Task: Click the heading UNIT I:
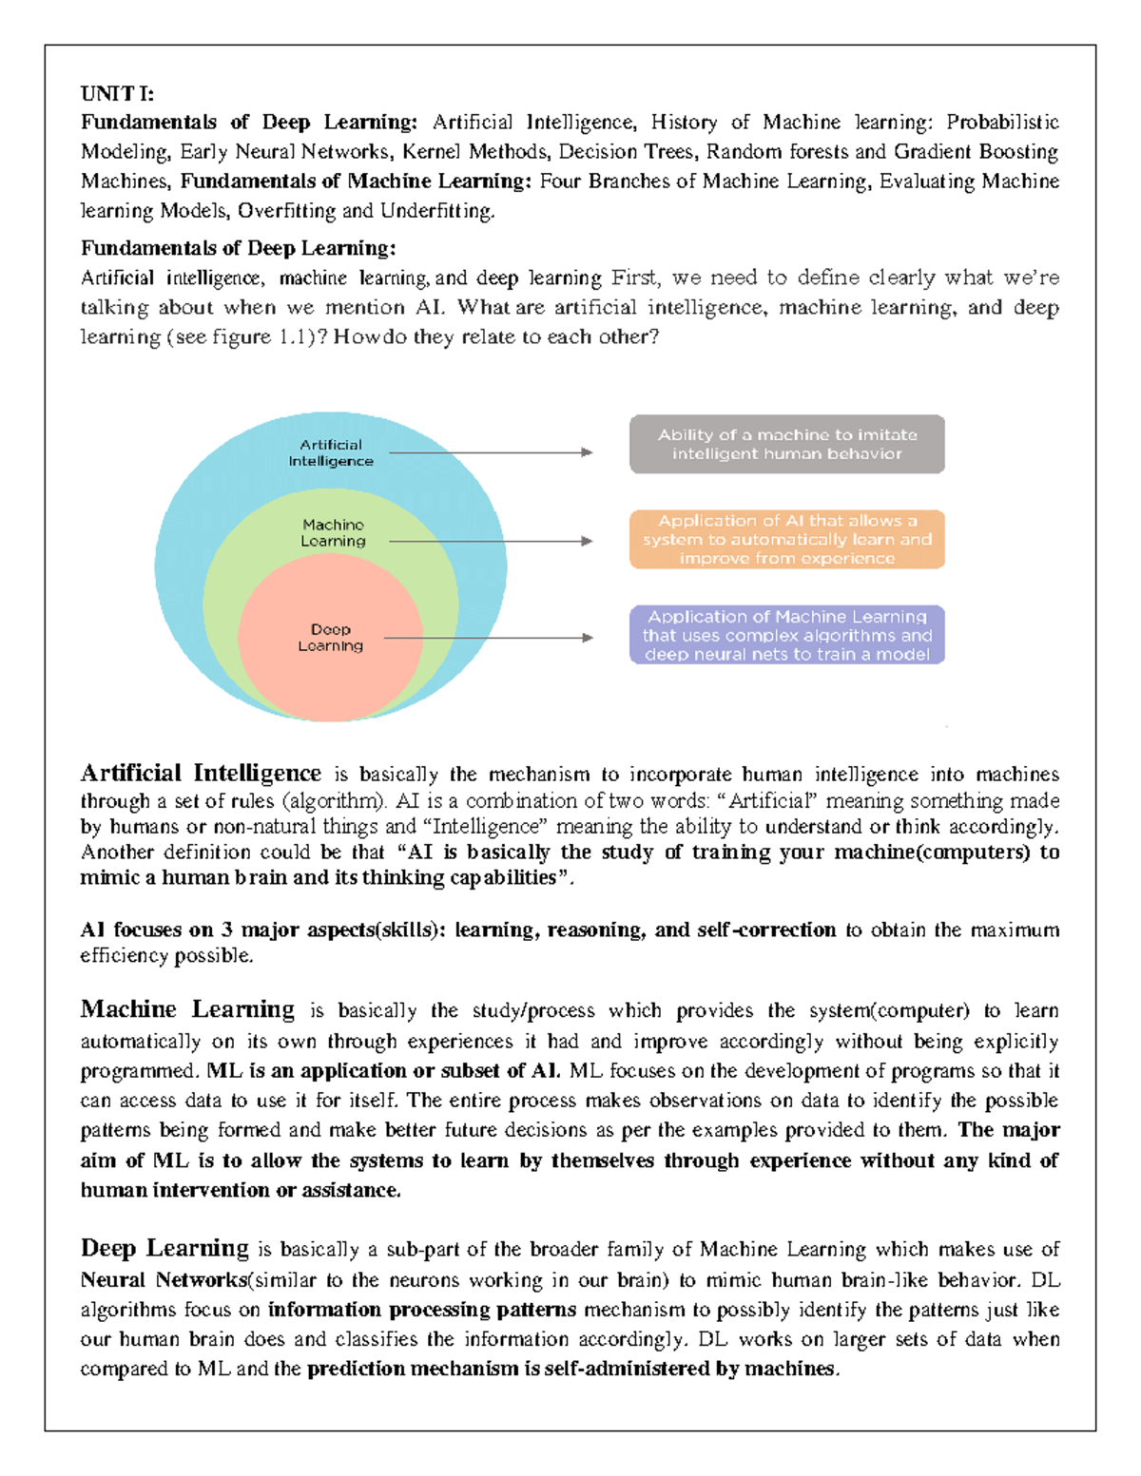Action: click(117, 93)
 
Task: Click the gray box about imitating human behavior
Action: click(786, 444)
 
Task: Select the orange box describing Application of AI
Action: click(786, 539)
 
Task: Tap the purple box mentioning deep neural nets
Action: click(786, 635)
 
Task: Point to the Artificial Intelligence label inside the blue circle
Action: click(331, 452)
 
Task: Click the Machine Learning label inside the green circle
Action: click(333, 532)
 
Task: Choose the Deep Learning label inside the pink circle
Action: click(330, 637)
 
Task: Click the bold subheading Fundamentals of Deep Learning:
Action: click(238, 248)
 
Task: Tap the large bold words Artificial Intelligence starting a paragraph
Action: click(201, 773)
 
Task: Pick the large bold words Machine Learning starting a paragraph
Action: click(187, 1008)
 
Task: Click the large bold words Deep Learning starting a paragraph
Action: click(164, 1247)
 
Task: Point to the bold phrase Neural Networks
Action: click(164, 1279)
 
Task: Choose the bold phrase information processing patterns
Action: click(422, 1310)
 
